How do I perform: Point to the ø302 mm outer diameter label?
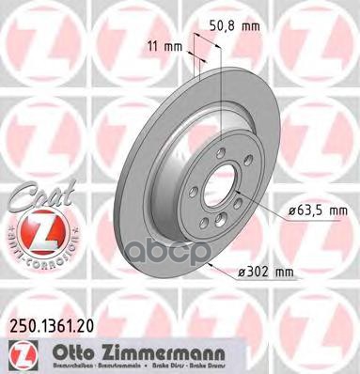pos(266,273)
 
